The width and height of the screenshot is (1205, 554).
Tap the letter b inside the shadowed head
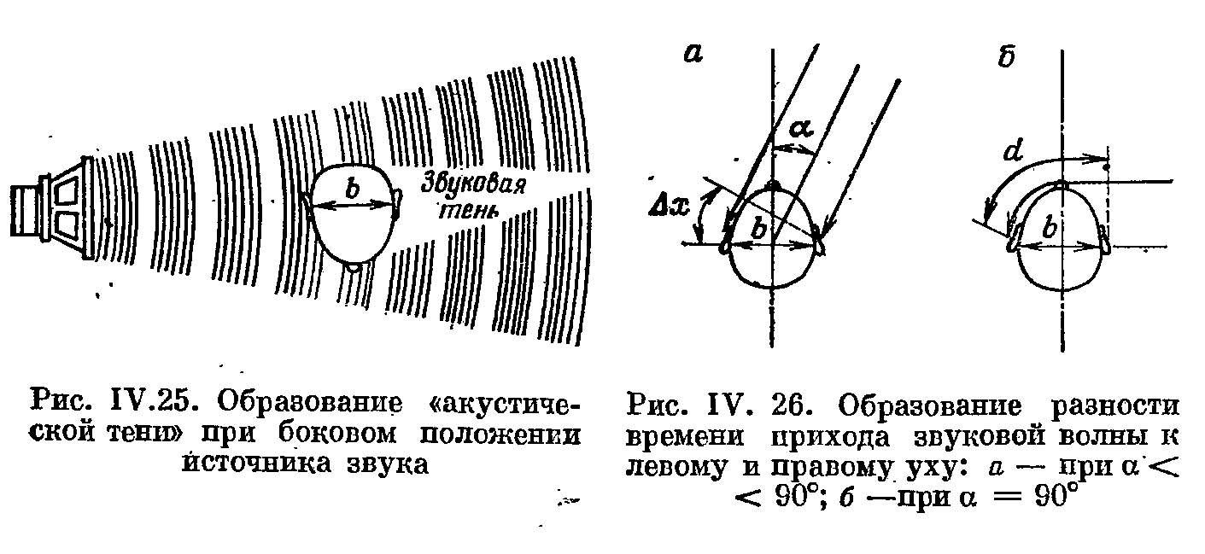pyautogui.click(x=351, y=190)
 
